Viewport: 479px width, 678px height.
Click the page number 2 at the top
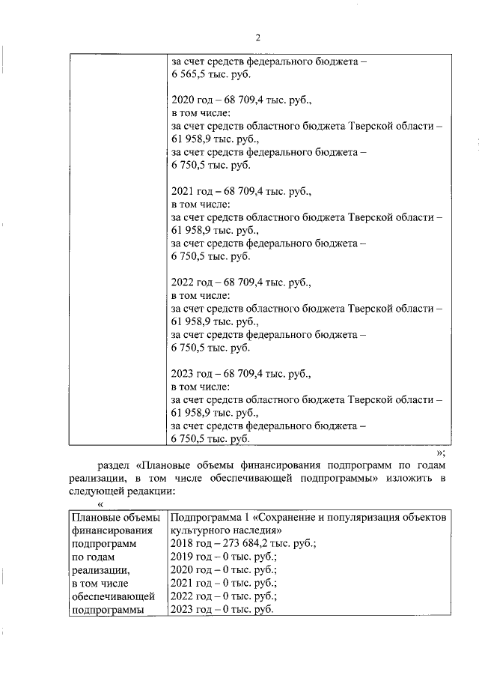257,38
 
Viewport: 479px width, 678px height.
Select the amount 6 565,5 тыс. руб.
211,75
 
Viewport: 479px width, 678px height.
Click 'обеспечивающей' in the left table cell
112,596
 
